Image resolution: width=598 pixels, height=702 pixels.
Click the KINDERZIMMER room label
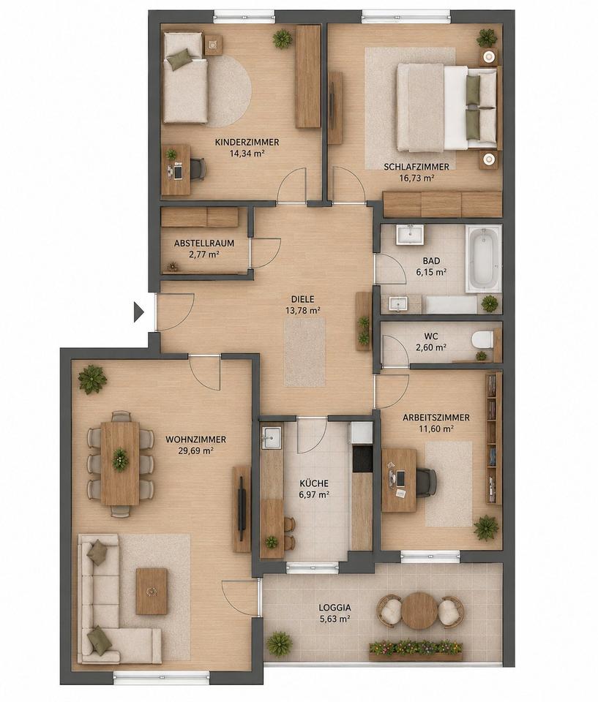[x=247, y=143]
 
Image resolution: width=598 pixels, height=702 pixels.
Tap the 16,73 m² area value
[x=417, y=178]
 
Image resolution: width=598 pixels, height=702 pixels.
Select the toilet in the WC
[x=482, y=339]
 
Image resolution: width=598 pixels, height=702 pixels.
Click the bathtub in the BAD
[x=483, y=259]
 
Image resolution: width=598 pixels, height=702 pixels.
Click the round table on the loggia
[x=417, y=609]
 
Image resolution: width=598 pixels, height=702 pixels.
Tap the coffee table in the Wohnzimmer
[x=152, y=592]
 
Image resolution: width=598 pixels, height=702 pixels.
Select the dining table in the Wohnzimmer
[x=120, y=464]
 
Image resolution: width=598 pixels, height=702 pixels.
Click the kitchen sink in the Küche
[x=272, y=437]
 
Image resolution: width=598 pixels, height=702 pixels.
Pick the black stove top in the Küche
[x=362, y=459]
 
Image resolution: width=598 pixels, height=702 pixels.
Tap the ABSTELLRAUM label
[x=204, y=244]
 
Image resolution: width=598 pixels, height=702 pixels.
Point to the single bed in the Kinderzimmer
[x=185, y=78]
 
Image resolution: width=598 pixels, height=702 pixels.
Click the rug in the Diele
[x=304, y=352]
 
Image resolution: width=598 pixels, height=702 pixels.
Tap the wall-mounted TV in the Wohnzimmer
[x=241, y=509]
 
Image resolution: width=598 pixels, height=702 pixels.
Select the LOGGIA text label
[x=334, y=608]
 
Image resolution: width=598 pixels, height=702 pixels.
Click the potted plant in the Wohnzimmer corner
[x=92, y=379]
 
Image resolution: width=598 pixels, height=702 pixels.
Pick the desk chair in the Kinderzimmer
[x=196, y=169]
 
